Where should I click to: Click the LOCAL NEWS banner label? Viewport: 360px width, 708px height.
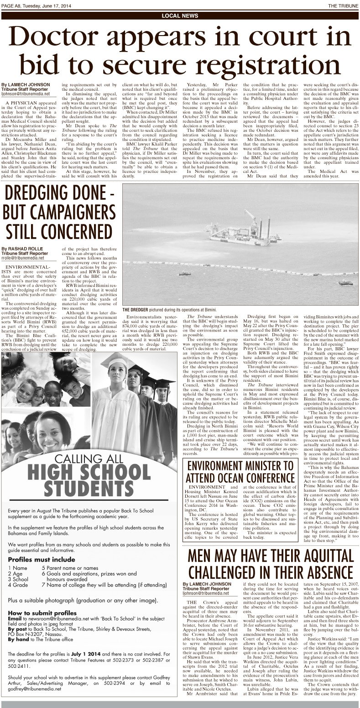point(180,16)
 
